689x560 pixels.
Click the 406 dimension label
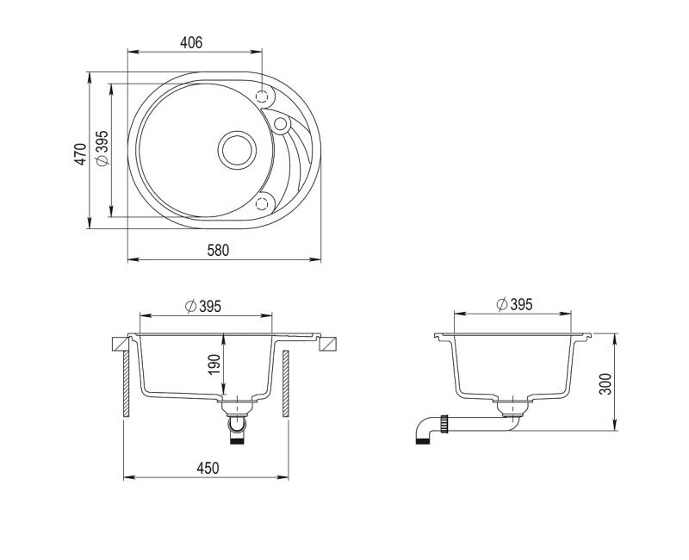click(x=191, y=42)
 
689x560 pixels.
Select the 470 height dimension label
click(x=81, y=154)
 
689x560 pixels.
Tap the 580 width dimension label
click(x=218, y=250)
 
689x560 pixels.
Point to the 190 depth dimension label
click(x=214, y=364)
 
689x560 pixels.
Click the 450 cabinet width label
click(x=208, y=468)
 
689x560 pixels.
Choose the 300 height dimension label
click(x=605, y=383)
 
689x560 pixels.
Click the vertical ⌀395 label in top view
click(x=102, y=148)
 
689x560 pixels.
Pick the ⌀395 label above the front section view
click(x=203, y=306)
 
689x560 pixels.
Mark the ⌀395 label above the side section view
click(x=514, y=304)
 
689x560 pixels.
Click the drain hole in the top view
click(x=237, y=150)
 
